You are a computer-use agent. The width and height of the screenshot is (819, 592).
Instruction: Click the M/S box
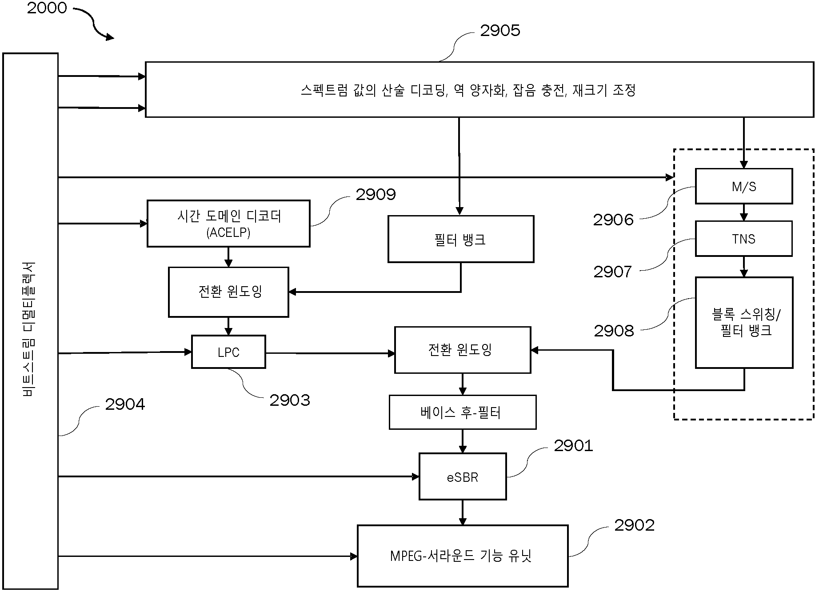[743, 186]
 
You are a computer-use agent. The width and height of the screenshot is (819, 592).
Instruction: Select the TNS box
[743, 239]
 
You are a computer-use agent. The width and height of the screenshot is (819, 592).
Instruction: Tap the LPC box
[228, 352]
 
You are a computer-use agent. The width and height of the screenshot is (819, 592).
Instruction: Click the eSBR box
[463, 476]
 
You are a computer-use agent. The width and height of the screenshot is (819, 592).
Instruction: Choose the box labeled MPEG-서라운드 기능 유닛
[463, 556]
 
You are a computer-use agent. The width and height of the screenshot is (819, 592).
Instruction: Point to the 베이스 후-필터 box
[463, 412]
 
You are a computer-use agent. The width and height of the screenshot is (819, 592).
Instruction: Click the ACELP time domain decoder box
[228, 224]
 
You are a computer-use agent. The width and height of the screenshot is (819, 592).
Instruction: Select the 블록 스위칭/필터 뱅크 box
[744, 323]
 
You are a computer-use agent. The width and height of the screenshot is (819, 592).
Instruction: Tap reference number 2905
[500, 30]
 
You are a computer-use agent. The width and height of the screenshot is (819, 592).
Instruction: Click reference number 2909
[376, 194]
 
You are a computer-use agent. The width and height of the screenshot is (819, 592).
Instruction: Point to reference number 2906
[613, 220]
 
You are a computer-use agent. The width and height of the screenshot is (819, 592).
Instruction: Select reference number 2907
[613, 272]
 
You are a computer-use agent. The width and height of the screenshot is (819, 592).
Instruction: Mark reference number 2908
[614, 331]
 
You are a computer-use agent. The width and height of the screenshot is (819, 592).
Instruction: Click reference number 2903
[290, 400]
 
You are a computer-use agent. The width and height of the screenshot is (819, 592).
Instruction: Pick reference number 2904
[125, 404]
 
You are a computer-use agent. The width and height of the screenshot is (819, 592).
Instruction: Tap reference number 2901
[573, 445]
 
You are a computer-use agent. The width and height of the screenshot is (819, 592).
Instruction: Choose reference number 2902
[634, 525]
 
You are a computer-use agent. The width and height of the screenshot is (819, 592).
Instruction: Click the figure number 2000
[47, 8]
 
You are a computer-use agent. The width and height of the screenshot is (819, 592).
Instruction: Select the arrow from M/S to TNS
[744, 212]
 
